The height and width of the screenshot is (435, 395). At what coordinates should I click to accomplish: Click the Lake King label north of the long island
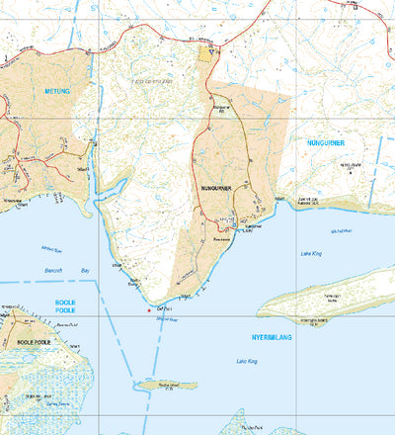pyautogui.click(x=310, y=254)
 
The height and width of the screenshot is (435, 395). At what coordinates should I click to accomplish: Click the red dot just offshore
pyautogui.click(x=148, y=310)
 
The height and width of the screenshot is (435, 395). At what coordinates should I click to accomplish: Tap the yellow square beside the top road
pyautogui.click(x=206, y=53)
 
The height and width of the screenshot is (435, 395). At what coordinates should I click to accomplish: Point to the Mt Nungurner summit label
pyautogui.click(x=347, y=167)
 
